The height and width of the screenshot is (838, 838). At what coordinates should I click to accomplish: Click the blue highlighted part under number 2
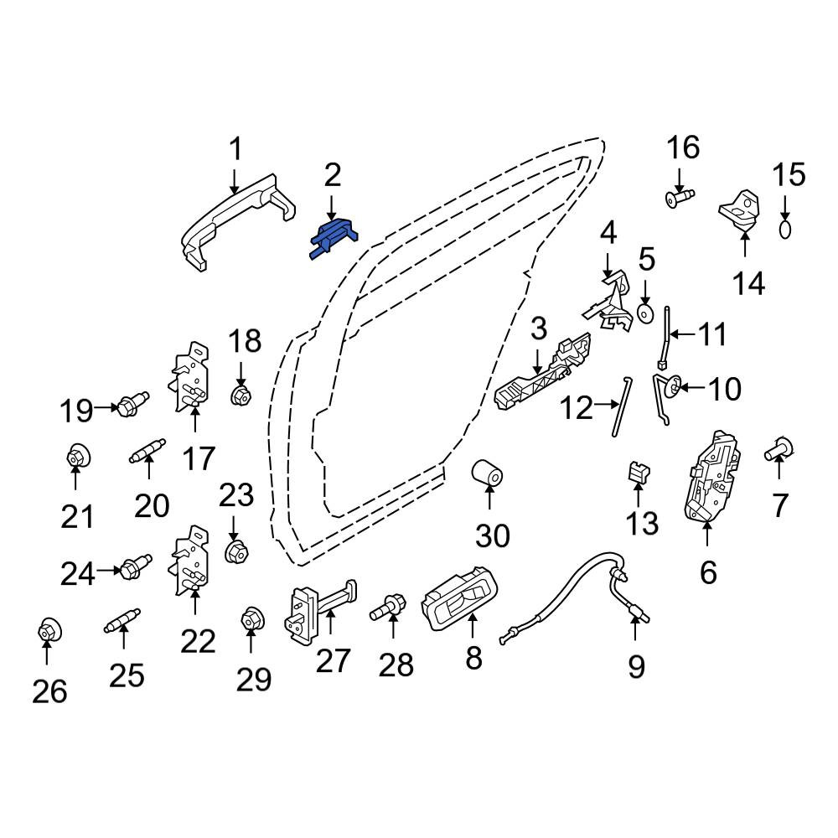click(334, 238)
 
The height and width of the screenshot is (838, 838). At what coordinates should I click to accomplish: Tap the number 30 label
click(492, 535)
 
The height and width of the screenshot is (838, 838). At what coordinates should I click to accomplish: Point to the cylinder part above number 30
click(487, 472)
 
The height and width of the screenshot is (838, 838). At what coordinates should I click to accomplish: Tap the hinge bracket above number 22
click(189, 560)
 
